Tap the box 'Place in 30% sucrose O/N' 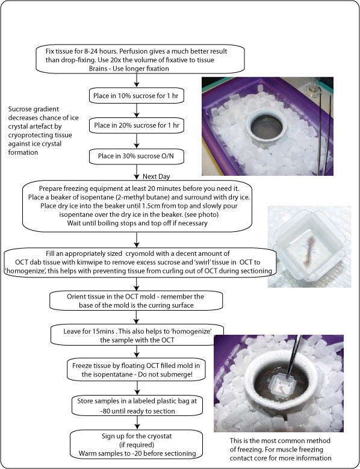coord(138,157)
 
